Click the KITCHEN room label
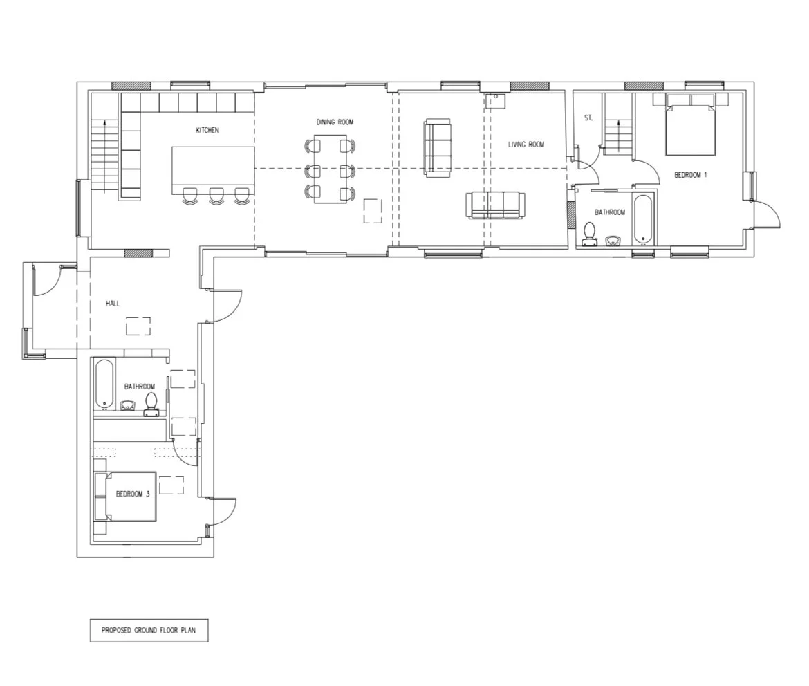click(207, 130)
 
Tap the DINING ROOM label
click(335, 122)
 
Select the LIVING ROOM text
click(526, 145)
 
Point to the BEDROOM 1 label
click(690, 175)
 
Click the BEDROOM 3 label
click(133, 494)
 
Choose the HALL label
click(113, 304)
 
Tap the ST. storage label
click(588, 118)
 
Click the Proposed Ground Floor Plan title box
click(149, 630)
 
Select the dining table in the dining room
click(331, 169)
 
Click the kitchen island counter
click(213, 170)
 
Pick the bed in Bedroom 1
click(690, 124)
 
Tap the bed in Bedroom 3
click(125, 497)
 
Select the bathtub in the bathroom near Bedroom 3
click(104, 384)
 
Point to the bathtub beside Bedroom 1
click(643, 220)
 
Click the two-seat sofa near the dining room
click(437, 148)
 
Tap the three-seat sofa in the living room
click(495, 205)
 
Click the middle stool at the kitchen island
click(216, 195)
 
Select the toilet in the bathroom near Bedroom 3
click(151, 405)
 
